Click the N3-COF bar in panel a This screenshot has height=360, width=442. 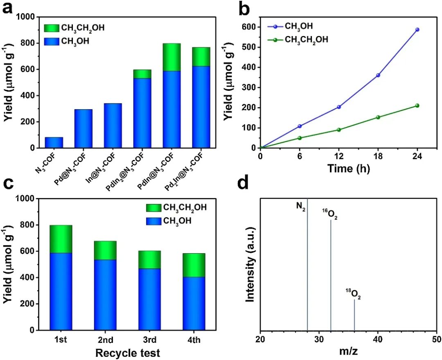(x=54, y=142)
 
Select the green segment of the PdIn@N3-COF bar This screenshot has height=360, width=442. (x=171, y=57)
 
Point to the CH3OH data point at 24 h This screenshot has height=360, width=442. (x=417, y=29)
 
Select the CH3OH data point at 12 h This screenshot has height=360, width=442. (x=339, y=107)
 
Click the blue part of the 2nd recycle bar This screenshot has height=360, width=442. (x=105, y=295)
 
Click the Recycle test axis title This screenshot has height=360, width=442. (x=127, y=352)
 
